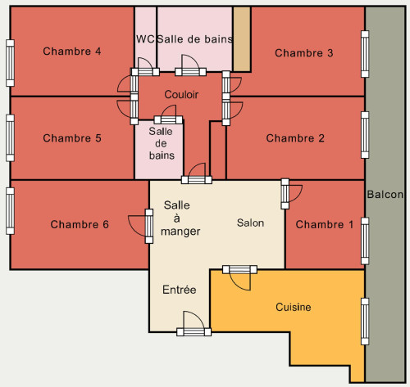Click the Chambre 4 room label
(72, 52)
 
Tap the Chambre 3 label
(304, 53)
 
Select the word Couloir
(181, 95)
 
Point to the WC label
(145, 39)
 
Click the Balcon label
(385, 194)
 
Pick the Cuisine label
(294, 307)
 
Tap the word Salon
(250, 223)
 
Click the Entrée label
(180, 290)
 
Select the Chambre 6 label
(80, 224)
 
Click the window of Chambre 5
(10, 138)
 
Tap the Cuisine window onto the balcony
(365, 322)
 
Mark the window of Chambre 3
(365, 54)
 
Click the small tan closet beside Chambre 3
(242, 39)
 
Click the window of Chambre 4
(10, 63)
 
